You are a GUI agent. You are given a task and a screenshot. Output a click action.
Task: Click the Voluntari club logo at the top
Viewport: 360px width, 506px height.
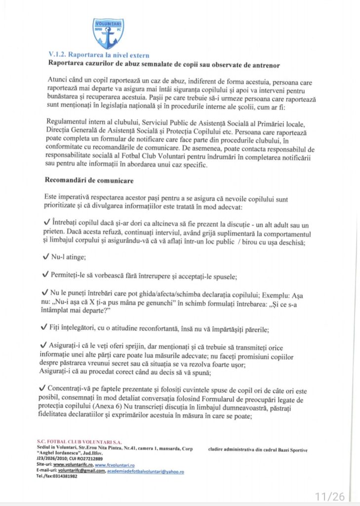click(x=108, y=33)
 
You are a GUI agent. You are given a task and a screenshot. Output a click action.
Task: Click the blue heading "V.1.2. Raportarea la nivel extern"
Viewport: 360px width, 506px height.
click(x=98, y=55)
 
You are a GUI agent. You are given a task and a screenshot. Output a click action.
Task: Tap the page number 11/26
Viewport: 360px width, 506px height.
click(x=330, y=496)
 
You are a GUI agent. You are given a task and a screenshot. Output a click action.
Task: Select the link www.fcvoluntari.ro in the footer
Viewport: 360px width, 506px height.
click(x=115, y=465)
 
